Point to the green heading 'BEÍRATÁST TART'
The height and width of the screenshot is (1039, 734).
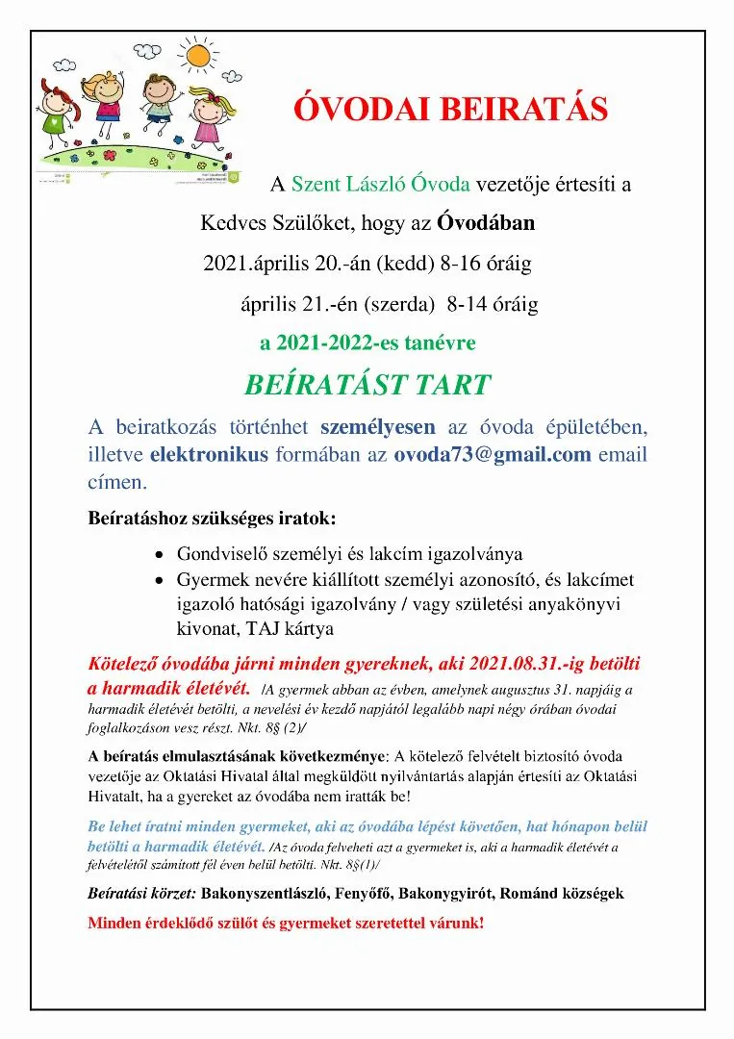coord(367,386)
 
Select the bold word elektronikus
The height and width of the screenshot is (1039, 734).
coord(209,455)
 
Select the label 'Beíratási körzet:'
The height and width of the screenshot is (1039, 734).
coord(141,893)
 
